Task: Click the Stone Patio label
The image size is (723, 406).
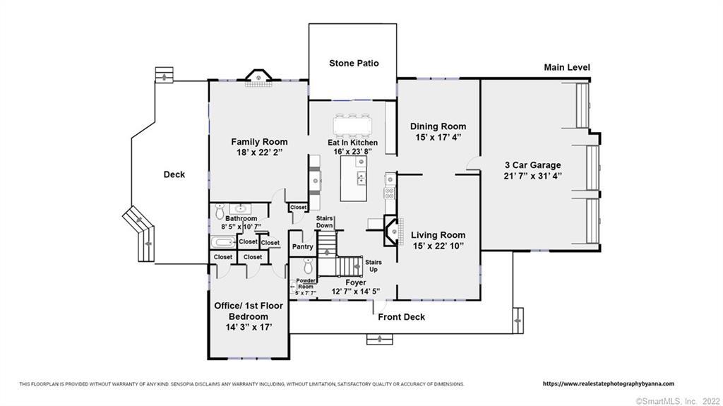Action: [354, 64]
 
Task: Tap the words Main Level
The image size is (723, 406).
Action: [567, 67]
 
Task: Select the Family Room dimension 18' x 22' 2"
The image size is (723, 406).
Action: [259, 153]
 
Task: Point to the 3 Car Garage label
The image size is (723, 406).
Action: [532, 165]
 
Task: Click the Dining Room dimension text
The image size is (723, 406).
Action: [438, 137]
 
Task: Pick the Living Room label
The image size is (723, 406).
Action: [438, 235]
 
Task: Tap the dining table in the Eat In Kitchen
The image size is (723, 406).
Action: [353, 124]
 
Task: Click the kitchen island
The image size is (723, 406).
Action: [354, 178]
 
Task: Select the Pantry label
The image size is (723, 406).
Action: [302, 247]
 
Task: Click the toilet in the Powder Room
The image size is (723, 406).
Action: [308, 265]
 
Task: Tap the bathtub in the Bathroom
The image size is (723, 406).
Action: [224, 242]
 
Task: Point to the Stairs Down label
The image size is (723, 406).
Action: [325, 222]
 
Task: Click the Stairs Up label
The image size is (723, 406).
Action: [374, 265]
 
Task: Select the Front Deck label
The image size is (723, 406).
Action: [401, 317]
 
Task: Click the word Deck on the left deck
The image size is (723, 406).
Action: [174, 174]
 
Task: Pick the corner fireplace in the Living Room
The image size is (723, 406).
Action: [391, 232]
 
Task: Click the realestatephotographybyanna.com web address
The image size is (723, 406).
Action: [609, 383]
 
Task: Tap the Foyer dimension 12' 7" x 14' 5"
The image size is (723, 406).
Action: [356, 291]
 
